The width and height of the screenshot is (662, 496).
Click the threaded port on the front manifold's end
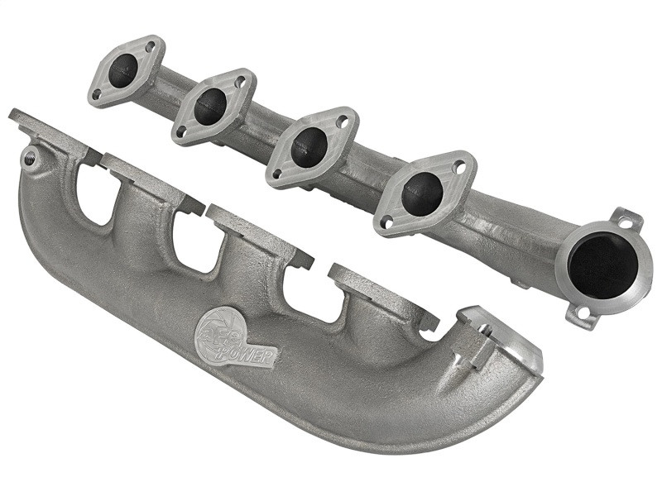tap(31, 157)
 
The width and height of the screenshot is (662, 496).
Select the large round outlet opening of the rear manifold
tap(602, 265)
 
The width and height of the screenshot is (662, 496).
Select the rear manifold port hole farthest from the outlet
tap(122, 70)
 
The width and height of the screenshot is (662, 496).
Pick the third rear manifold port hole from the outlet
tap(211, 107)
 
